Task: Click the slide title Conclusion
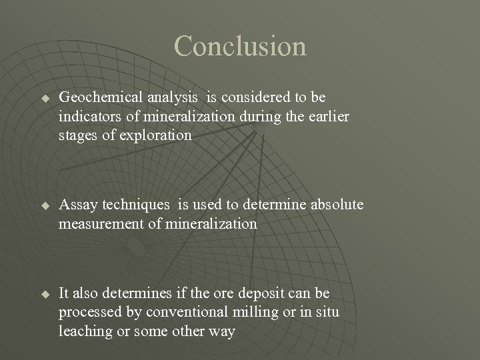coord(240,46)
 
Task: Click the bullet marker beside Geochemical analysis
coord(45,98)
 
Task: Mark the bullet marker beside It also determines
coord(45,294)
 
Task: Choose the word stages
coord(77,135)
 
